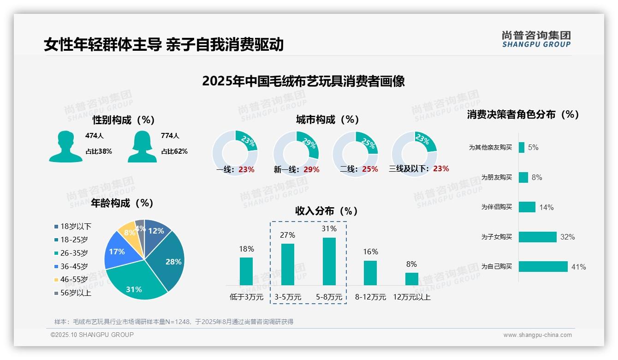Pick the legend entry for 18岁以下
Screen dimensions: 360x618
(x=73, y=226)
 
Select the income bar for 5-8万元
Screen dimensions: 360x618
(x=329, y=261)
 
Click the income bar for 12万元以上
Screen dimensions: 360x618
(x=411, y=279)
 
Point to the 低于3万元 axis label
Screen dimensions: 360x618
(x=246, y=297)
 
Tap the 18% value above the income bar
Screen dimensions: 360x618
(x=246, y=249)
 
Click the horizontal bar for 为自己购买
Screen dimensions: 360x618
(x=543, y=267)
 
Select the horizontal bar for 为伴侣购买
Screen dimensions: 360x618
(x=527, y=207)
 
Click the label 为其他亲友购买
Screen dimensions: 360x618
(x=490, y=148)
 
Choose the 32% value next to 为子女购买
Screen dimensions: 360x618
(x=567, y=237)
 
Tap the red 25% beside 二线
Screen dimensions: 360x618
(x=370, y=169)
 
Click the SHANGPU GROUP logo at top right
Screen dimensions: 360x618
(x=536, y=39)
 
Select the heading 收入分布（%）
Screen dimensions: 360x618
(x=327, y=211)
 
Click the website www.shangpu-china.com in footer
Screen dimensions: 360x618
(x=537, y=335)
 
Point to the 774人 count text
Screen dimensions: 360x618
(x=170, y=136)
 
